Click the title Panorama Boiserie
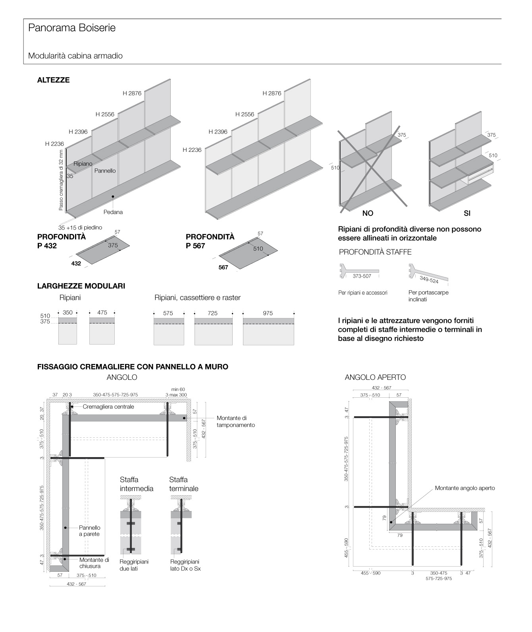pyautogui.click(x=72, y=28)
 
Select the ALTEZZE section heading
pyautogui.click(x=53, y=80)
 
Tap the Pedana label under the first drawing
pyautogui.click(x=113, y=212)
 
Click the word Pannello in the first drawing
pyautogui.click(x=105, y=170)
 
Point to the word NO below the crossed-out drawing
pyautogui.click(x=368, y=213)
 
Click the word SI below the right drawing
pyautogui.click(x=467, y=213)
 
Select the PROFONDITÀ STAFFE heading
pyautogui.click(x=375, y=252)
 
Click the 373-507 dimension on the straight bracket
pyautogui.click(x=362, y=276)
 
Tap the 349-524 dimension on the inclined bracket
pyautogui.click(x=429, y=281)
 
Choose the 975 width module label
pyautogui.click(x=268, y=313)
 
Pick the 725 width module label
pyautogui.click(x=212, y=313)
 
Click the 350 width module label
pyautogui.click(x=67, y=312)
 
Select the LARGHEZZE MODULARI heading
pyautogui.click(x=81, y=286)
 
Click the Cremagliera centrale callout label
pyautogui.click(x=108, y=406)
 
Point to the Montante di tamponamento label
pyautogui.click(x=236, y=421)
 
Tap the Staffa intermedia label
pyautogui.click(x=136, y=484)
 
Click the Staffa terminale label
pyautogui.click(x=183, y=484)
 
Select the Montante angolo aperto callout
pyautogui.click(x=465, y=488)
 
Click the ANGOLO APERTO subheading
pyautogui.click(x=375, y=377)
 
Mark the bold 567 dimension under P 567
pyautogui.click(x=223, y=268)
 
